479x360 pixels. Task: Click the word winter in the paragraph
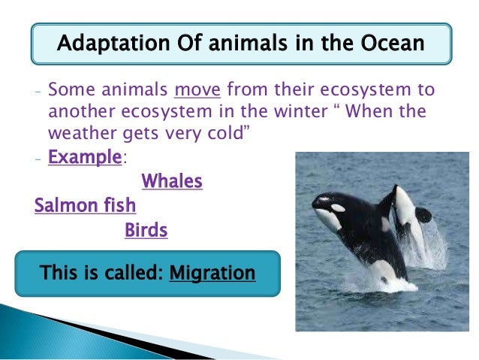285,113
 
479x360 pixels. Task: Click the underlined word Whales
172,181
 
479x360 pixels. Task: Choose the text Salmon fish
85,205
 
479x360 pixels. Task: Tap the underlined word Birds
146,230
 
